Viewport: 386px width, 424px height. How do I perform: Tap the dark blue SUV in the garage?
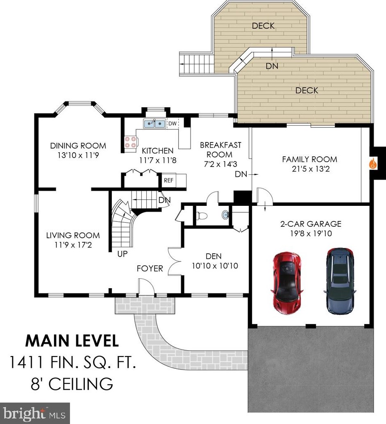[x=339, y=281]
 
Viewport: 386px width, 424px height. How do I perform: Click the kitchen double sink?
[x=154, y=124]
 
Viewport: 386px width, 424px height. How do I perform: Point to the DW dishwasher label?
[x=173, y=124]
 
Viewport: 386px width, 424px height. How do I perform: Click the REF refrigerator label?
[x=168, y=180]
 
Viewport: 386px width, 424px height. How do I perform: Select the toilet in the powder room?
[x=201, y=216]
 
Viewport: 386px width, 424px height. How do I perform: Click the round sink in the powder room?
[x=225, y=215]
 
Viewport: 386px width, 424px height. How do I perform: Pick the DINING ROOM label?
[x=78, y=146]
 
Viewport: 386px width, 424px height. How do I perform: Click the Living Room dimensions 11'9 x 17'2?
[x=73, y=245]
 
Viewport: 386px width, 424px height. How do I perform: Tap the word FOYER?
[x=150, y=268]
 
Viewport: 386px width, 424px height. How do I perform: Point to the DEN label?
[x=213, y=256]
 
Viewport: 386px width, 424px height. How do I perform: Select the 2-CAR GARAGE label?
[x=311, y=224]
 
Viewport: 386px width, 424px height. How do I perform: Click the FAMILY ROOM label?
[x=310, y=159]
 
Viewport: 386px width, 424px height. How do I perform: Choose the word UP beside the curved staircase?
[x=123, y=254]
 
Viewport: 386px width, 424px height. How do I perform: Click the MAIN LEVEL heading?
[x=72, y=341]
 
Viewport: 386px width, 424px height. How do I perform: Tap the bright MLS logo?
[x=35, y=413]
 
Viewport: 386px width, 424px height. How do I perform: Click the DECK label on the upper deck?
[x=263, y=26]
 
